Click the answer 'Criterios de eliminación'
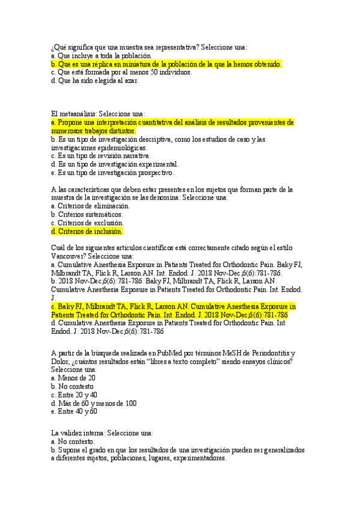click(x=90, y=206)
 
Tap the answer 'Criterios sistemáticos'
click(x=87, y=214)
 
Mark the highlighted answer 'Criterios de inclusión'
click(x=87, y=231)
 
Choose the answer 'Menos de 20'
click(x=73, y=378)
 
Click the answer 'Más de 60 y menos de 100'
click(x=94, y=403)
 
